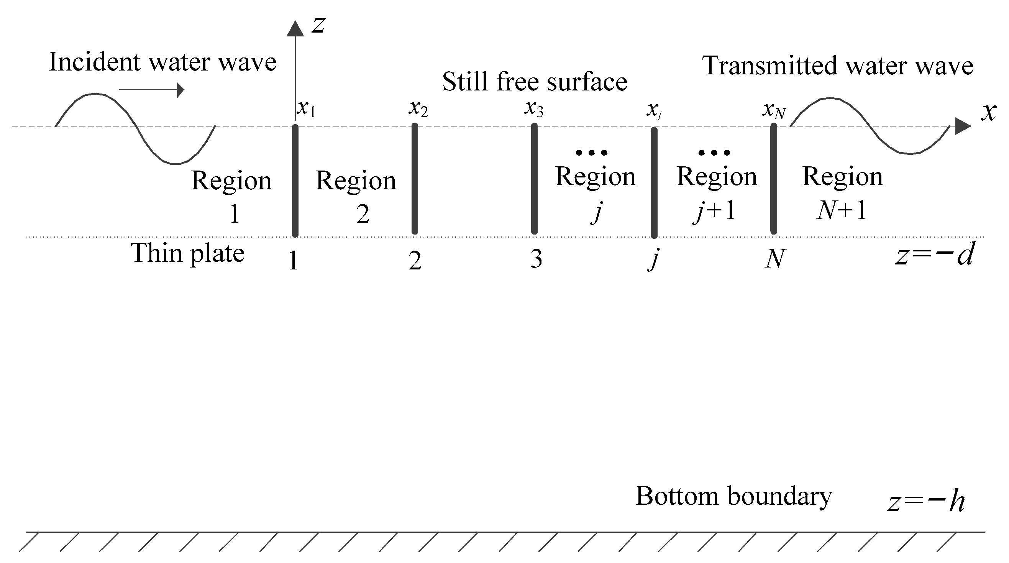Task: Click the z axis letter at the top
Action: (318, 25)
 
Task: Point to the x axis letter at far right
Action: (989, 112)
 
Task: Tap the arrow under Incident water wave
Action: (151, 90)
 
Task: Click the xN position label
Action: (774, 110)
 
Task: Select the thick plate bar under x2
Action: (415, 179)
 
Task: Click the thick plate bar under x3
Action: (534, 179)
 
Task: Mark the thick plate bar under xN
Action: (774, 179)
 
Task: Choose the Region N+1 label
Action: (843, 193)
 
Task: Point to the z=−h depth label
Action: (926, 502)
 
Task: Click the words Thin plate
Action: (188, 253)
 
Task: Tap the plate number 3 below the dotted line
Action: (536, 259)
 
